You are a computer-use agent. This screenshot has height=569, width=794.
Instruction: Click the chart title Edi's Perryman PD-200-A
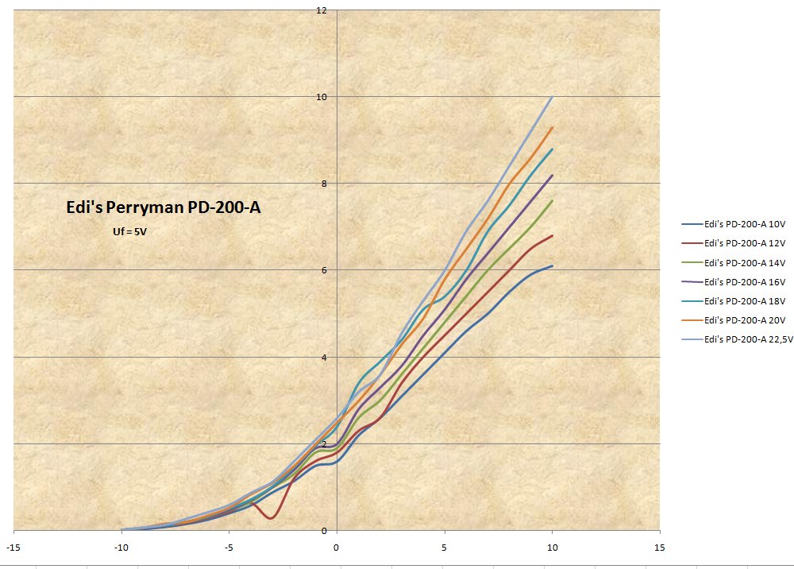point(162,208)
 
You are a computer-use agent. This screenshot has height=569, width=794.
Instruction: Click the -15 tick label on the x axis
point(13,548)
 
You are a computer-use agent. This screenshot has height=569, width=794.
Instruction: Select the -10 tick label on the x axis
point(121,548)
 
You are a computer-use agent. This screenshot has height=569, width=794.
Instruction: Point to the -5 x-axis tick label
point(229,548)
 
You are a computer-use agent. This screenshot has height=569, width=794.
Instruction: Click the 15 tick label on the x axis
point(659,548)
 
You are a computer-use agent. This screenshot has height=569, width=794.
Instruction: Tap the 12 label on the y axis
point(321,10)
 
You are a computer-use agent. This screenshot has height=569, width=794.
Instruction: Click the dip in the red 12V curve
point(272,518)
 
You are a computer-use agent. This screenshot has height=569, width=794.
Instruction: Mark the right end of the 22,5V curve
point(552,97)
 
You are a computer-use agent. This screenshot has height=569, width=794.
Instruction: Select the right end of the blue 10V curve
point(552,266)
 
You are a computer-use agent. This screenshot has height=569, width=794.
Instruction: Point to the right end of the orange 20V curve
point(552,127)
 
